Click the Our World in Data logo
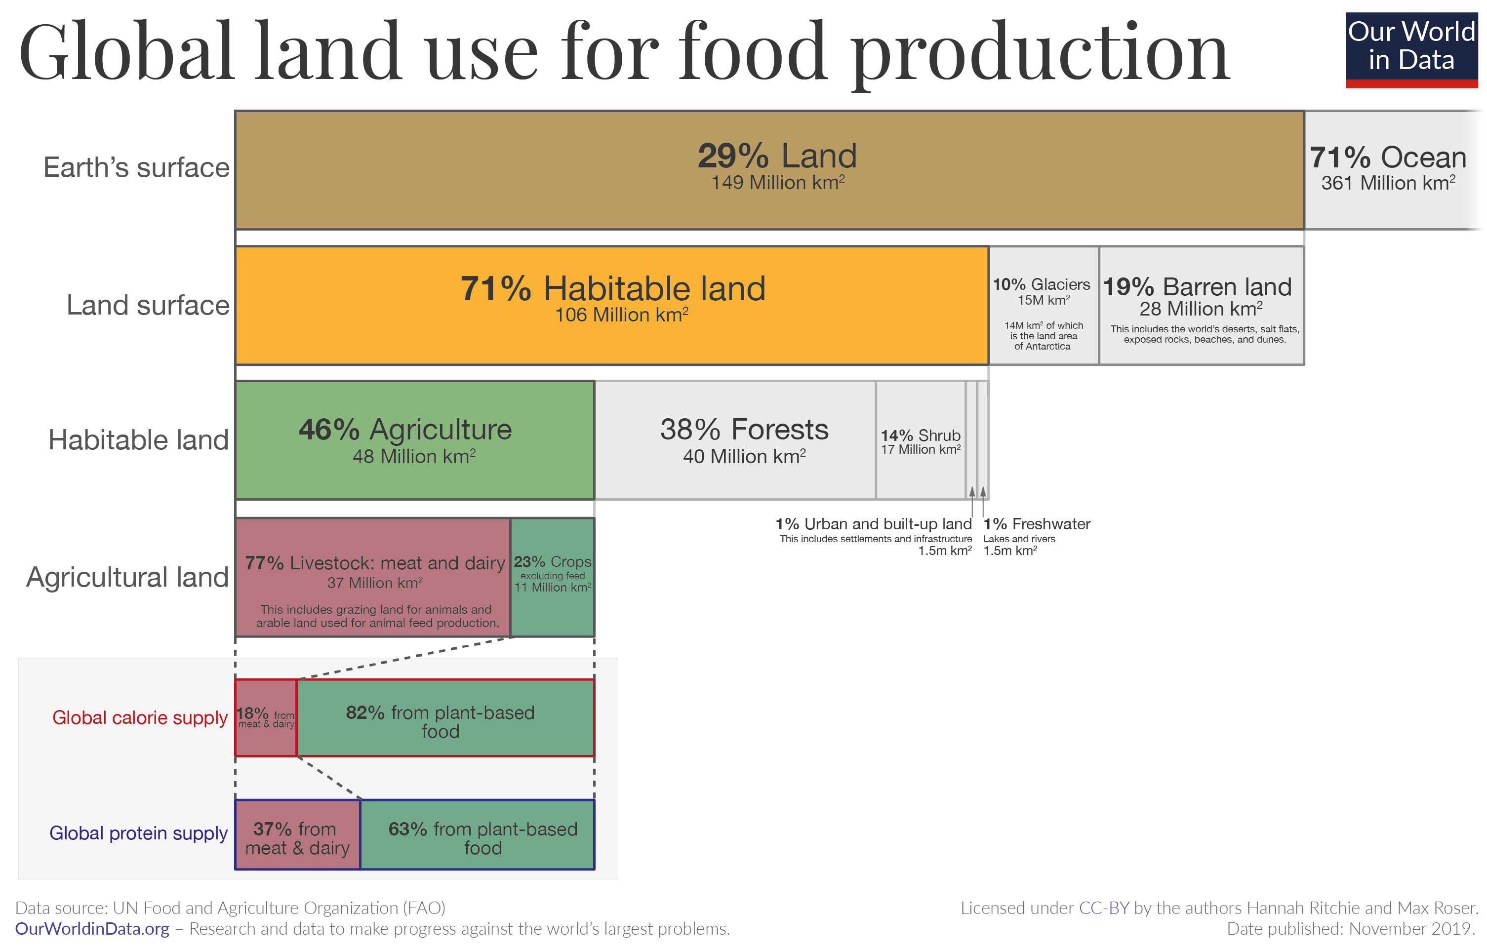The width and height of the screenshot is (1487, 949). pyautogui.click(x=1411, y=49)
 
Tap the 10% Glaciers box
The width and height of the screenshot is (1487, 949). pyautogui.click(x=1043, y=305)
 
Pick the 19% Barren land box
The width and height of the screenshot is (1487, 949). pyautogui.click(x=1201, y=305)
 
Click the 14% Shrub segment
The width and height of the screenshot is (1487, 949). pyautogui.click(x=920, y=441)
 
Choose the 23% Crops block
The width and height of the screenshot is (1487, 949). pyautogui.click(x=552, y=577)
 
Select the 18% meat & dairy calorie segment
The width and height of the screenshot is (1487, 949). pyautogui.click(x=266, y=717)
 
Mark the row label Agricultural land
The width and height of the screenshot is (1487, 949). pyautogui.click(x=127, y=577)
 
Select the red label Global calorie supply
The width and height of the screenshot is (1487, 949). pyautogui.click(x=140, y=717)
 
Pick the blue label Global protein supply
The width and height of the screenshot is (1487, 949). pyautogui.click(x=138, y=833)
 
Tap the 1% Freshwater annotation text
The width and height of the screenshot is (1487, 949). pyautogui.click(x=1037, y=524)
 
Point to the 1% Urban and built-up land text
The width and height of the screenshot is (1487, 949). pyautogui.click(x=873, y=524)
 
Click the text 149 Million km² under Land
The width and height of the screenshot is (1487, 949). pyautogui.click(x=777, y=183)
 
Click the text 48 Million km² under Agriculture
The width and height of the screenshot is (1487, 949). pyautogui.click(x=414, y=456)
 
